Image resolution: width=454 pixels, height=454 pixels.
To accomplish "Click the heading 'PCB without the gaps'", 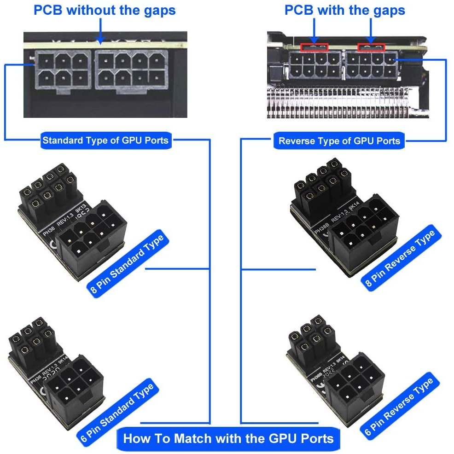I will tap(105, 10).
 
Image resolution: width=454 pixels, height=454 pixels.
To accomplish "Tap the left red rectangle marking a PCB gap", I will tap(314, 47).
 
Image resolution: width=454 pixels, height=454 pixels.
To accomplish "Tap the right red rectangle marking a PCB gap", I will tap(371, 47).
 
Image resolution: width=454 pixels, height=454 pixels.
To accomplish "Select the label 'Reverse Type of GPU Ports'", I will tap(339, 141).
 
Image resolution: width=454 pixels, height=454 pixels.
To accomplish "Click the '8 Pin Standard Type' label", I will tap(127, 265).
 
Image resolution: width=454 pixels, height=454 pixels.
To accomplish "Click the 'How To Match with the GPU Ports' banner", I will tap(228, 438).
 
